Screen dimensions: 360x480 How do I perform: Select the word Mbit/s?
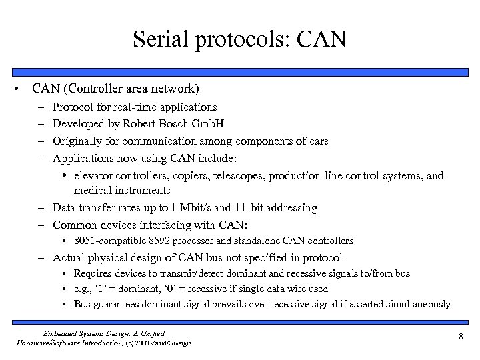pos(191,208)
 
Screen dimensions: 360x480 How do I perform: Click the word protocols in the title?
pos(241,39)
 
